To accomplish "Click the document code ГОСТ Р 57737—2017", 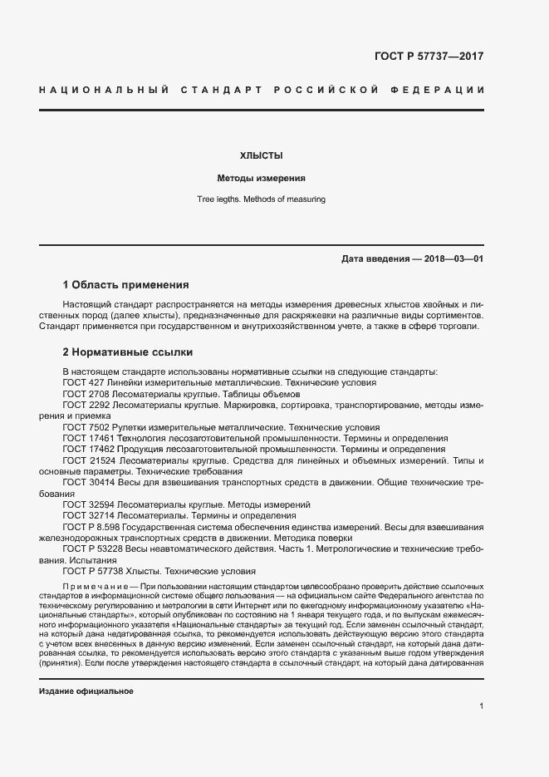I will (x=429, y=57).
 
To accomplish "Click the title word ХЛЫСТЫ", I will (x=262, y=155).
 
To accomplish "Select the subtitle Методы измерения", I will (x=262, y=178).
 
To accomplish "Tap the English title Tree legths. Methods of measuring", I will (x=261, y=199).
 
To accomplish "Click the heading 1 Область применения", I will (x=126, y=284).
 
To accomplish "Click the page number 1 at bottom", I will (x=481, y=706).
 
